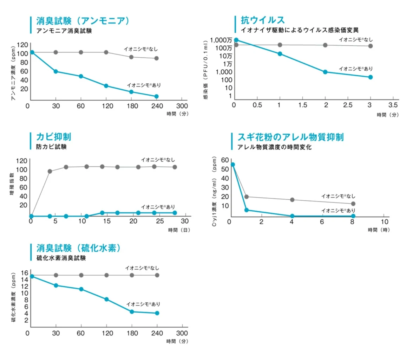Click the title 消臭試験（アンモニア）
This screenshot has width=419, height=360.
click(x=83, y=21)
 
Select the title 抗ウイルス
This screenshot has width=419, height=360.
click(x=262, y=20)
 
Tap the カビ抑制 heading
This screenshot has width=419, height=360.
click(x=54, y=137)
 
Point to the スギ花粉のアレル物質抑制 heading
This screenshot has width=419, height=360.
click(x=290, y=137)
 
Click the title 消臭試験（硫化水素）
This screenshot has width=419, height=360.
click(x=79, y=248)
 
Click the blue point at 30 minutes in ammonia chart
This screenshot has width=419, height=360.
click(x=55, y=71)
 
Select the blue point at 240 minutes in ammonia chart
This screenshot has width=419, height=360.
click(x=156, y=96)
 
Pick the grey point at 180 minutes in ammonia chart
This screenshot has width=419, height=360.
click(x=131, y=57)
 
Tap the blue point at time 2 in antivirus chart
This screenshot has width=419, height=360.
click(x=325, y=72)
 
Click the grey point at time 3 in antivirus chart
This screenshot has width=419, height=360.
click(x=371, y=46)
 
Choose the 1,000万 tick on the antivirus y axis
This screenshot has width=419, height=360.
click(x=221, y=40)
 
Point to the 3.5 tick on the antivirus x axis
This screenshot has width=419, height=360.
click(x=393, y=105)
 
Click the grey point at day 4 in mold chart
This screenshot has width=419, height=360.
click(x=50, y=171)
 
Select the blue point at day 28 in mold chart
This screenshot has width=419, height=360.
click(x=175, y=213)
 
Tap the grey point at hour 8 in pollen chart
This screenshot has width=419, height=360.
click(x=353, y=204)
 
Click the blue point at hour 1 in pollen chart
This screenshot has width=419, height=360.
click(x=247, y=210)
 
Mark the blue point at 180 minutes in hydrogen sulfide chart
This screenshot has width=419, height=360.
click(x=132, y=311)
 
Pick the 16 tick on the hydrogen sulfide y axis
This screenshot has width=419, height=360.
click(x=24, y=273)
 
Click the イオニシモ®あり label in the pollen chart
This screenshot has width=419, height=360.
click(x=338, y=211)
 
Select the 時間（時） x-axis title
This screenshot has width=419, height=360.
click(x=379, y=230)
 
